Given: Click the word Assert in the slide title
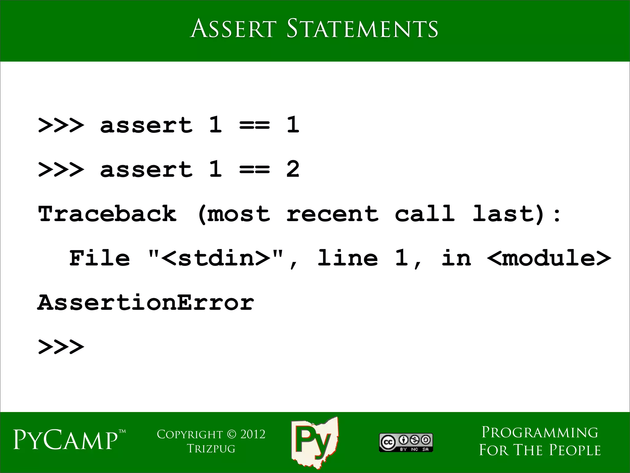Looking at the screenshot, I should [233, 29].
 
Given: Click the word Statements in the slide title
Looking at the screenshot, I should [362, 29].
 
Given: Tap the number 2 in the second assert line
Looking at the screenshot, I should [293, 169].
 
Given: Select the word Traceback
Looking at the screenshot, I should [107, 214].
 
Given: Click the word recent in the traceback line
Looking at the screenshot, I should [332, 214].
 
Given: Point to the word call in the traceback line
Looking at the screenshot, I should [425, 214].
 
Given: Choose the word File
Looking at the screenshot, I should [99, 258].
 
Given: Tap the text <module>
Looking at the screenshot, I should [549, 258].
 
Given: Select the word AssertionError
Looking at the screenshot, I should [146, 303].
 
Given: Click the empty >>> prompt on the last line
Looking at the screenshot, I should [61, 347].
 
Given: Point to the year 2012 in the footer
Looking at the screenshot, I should [253, 434].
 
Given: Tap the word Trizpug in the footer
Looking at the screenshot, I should [211, 449].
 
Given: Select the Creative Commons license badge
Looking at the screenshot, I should [406, 443].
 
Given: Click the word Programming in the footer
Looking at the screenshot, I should [540, 433].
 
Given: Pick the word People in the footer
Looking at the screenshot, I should [575, 450].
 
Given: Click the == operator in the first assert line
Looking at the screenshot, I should [254, 125].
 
